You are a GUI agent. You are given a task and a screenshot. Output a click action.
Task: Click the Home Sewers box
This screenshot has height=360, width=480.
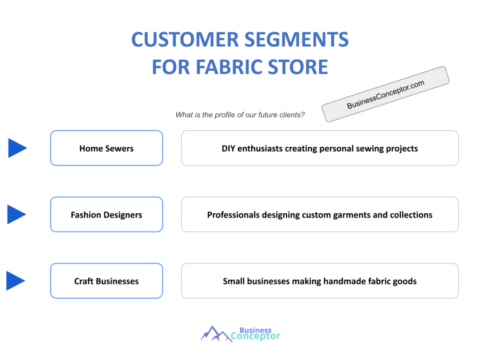(x=106, y=148)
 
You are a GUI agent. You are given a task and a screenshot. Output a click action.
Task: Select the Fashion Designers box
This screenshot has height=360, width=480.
(x=106, y=215)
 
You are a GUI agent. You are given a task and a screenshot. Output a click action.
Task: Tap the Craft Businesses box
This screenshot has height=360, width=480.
(x=106, y=281)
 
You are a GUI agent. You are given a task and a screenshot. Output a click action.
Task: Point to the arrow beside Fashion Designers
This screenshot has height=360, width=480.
(x=16, y=215)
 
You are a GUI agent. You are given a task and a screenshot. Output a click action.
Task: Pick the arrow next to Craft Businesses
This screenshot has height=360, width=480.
(x=15, y=281)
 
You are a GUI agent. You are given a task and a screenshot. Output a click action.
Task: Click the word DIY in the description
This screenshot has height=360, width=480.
(x=229, y=149)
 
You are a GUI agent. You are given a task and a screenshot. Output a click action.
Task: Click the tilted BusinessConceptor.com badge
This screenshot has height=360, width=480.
(x=385, y=94)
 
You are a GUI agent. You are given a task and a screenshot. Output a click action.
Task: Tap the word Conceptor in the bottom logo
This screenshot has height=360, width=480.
(x=255, y=336)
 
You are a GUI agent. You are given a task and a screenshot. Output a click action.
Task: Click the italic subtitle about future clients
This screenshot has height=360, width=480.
(x=240, y=115)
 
